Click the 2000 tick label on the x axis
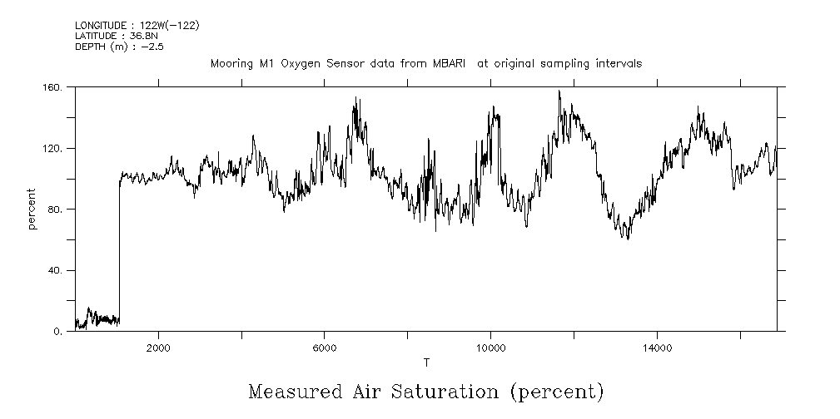coord(158,348)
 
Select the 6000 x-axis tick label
coord(324,348)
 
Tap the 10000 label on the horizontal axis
coord(490,348)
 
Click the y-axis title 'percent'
coord(32,209)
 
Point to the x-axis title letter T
coord(426,362)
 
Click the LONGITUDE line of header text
coord(137,26)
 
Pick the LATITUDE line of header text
coord(116,36)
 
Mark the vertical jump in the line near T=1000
coord(119,249)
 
